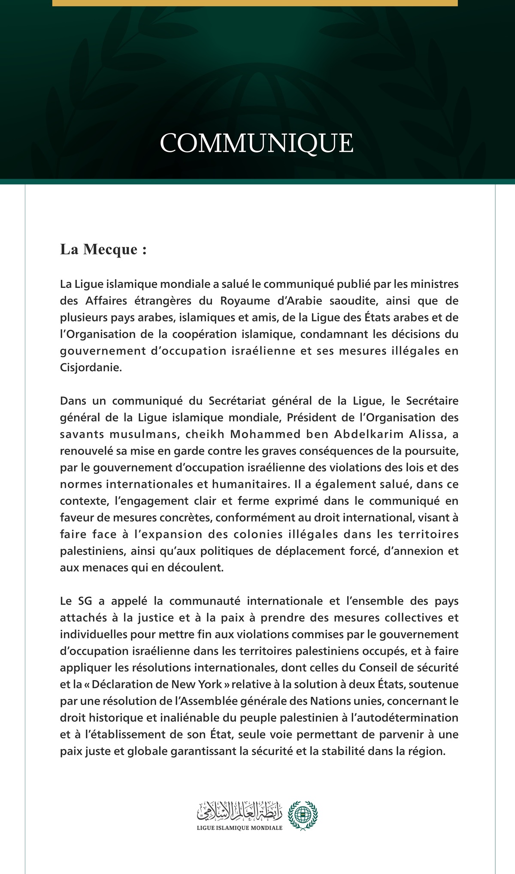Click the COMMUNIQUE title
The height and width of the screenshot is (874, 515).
[257, 143]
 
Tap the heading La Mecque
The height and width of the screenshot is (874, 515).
[103, 249]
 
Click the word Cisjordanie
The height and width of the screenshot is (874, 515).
[91, 368]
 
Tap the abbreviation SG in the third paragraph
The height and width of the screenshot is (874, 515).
[85, 601]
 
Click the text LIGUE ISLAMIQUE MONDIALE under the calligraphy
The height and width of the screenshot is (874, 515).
[239, 828]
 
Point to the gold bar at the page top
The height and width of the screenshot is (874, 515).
[255, 3]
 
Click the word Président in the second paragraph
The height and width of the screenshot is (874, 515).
[311, 417]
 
